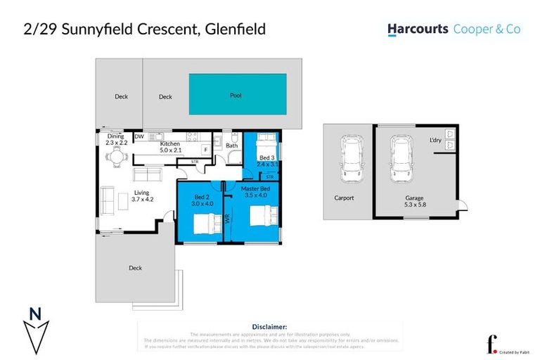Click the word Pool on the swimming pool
tap(236, 95)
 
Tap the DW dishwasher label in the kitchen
tap(139, 136)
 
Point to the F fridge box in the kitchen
tap(205, 149)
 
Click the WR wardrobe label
tap(229, 219)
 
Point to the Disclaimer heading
tap(269, 326)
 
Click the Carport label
tap(344, 198)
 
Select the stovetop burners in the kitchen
tap(191, 136)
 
